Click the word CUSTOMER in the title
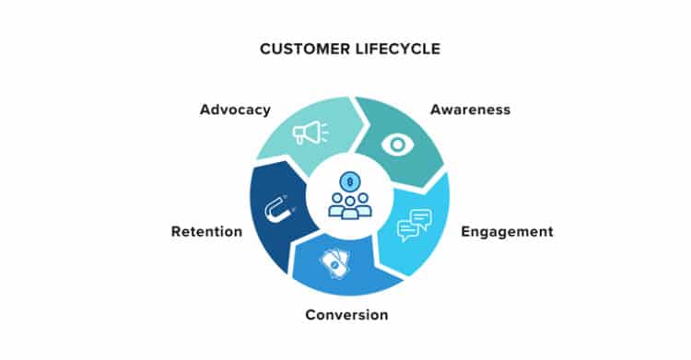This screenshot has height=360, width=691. point(305,49)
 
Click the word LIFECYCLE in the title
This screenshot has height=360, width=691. point(398,49)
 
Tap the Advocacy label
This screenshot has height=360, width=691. point(235,110)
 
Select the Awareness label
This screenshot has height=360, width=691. point(470,110)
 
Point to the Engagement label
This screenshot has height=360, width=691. point(507,232)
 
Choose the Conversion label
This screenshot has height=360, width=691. point(346,315)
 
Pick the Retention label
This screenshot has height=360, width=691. point(206,231)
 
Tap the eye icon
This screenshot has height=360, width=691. point(397,145)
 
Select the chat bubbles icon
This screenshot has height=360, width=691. point(415,226)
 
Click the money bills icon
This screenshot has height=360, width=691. point(335,263)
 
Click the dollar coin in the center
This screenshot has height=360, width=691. point(350,181)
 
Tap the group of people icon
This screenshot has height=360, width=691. point(350,205)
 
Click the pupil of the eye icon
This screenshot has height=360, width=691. point(397,145)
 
